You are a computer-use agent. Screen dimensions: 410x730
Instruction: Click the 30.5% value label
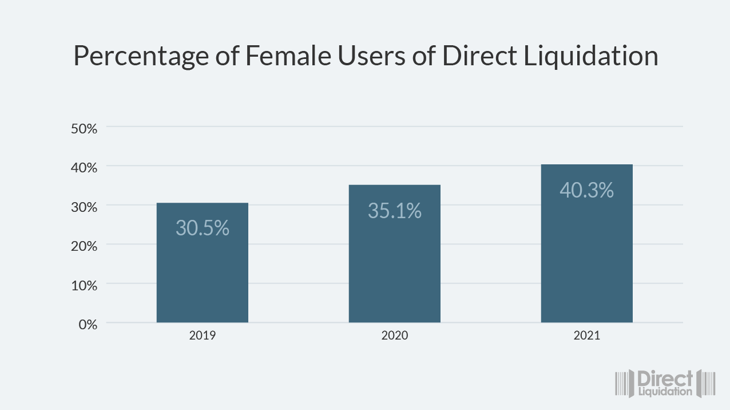(x=202, y=228)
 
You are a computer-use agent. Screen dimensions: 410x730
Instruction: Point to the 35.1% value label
(x=394, y=211)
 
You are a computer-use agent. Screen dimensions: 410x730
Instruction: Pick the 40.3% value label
(x=586, y=190)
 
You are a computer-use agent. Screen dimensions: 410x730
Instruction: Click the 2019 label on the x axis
(x=202, y=336)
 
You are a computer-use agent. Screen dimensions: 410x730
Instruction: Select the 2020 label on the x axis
(x=394, y=336)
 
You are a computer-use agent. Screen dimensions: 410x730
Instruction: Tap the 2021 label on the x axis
(x=586, y=336)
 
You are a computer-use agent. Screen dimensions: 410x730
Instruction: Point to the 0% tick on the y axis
(x=88, y=324)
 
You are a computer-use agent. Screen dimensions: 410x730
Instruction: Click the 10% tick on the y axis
(x=84, y=285)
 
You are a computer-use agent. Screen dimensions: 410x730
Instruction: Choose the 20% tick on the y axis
(x=84, y=246)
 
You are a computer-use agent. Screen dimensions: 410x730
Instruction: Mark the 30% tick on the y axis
(x=84, y=207)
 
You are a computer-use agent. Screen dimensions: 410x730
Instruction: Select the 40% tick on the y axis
(x=84, y=168)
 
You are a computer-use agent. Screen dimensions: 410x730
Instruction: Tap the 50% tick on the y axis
(x=84, y=128)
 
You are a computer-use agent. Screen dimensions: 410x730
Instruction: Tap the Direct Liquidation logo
(x=665, y=383)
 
